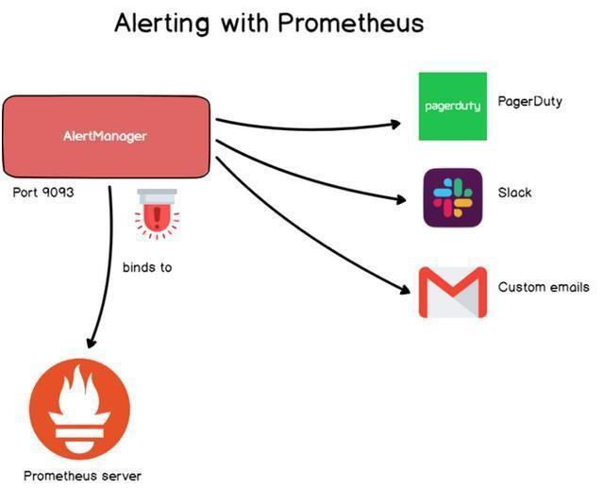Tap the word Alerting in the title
pos(163,23)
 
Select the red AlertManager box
pos(105,136)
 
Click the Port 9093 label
pos(43,193)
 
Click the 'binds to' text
pos(147,267)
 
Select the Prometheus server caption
pos(82,476)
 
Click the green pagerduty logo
pos(453,106)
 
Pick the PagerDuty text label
pos(529,101)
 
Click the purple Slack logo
pos(453,197)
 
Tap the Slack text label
pos(514,193)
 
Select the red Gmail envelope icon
pos(453,293)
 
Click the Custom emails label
pos(544,287)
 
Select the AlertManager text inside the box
pos(105,136)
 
